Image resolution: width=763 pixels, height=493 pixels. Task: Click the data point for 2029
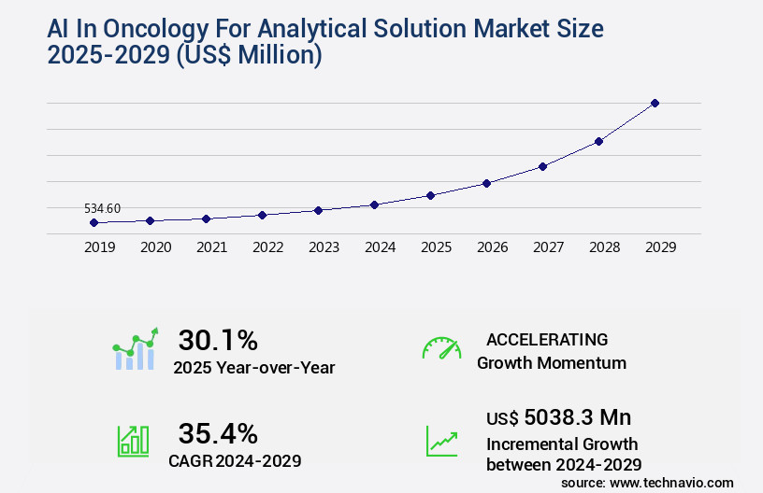tap(655, 103)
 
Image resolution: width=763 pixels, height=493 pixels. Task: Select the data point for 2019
tap(94, 222)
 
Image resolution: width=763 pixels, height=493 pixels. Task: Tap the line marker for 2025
tap(430, 195)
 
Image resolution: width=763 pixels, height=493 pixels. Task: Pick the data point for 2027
tap(542, 166)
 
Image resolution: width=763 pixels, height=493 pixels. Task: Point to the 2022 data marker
tap(262, 215)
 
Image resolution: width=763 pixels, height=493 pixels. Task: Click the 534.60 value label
tap(102, 208)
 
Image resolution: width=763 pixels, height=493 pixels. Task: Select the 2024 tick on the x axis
tap(380, 247)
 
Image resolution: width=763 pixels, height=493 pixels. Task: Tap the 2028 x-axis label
tap(604, 247)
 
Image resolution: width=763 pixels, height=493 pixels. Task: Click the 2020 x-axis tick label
tap(155, 247)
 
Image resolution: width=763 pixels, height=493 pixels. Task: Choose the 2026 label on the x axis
tap(492, 247)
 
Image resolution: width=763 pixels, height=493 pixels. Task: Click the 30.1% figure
tap(218, 340)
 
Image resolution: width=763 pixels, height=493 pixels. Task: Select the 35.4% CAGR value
tap(218, 433)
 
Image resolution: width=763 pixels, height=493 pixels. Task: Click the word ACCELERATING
tap(547, 340)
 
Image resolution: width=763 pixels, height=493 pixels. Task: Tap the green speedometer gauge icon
tap(441, 347)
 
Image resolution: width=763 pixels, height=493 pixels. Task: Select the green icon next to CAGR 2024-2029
tap(133, 441)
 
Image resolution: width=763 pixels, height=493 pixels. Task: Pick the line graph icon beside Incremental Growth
tap(441, 441)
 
